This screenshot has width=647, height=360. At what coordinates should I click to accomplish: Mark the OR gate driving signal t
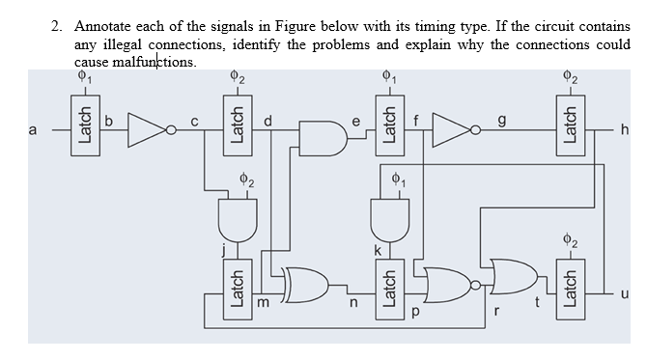coord(511,279)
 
